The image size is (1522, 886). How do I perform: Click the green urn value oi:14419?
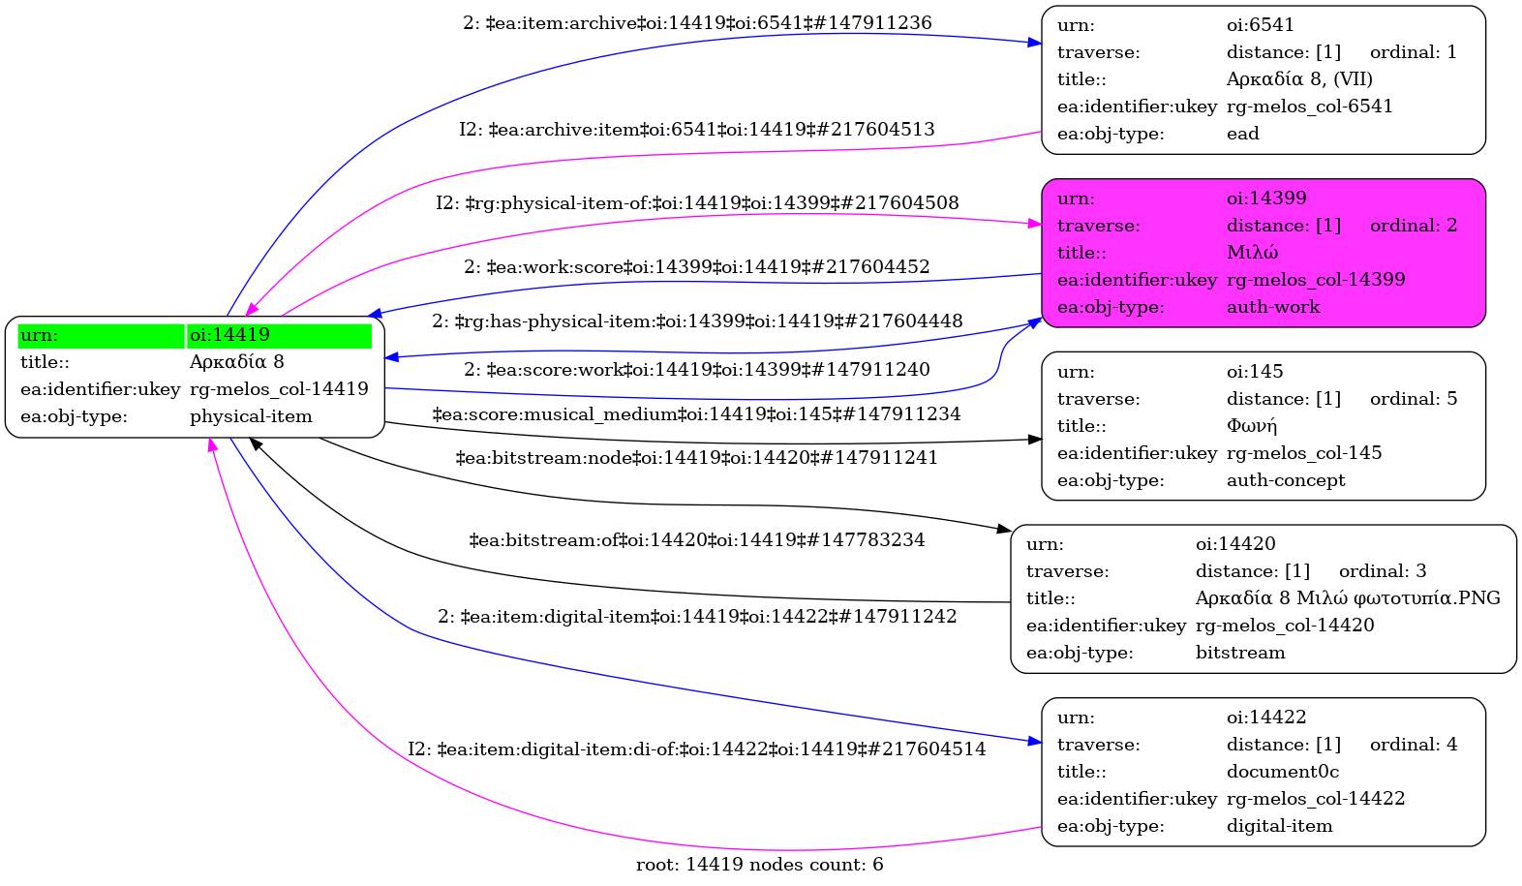pos(229,335)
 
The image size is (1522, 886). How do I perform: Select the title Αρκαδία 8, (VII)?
pos(1299,79)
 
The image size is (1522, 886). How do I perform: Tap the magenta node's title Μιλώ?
pos(1252,253)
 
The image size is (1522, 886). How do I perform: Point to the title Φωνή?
pos(1252,426)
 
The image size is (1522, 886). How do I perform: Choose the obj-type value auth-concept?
pos(1286,480)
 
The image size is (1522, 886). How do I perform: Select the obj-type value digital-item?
pos(1279,826)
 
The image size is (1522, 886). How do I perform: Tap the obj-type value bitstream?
pos(1240,653)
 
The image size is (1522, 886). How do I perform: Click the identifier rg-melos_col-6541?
pos(1309,107)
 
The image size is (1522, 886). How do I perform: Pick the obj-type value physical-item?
pos(251,416)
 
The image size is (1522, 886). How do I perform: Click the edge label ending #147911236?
pos(697,23)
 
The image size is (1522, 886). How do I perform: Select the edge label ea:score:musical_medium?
pos(696,414)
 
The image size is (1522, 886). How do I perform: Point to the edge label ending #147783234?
pos(696,540)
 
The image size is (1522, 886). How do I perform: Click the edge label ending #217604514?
pos(696,749)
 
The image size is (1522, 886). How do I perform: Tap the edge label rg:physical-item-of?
pos(697,203)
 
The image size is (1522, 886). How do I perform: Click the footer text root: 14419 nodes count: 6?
pos(759,865)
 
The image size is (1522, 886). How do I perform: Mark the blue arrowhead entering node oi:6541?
pos(1035,43)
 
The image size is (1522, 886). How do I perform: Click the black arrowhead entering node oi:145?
pos(1035,440)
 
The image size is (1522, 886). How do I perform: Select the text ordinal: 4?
pos(1413,745)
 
